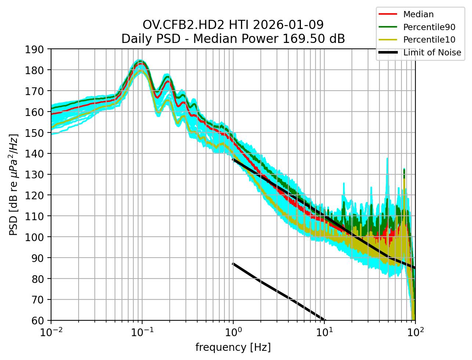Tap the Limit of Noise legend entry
click(432, 52)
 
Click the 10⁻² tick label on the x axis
click(51, 332)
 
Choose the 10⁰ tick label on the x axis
click(233, 332)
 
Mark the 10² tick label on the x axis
click(415, 332)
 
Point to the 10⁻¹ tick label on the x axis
click(142, 332)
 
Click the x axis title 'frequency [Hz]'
click(233, 347)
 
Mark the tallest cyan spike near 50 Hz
click(387, 164)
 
